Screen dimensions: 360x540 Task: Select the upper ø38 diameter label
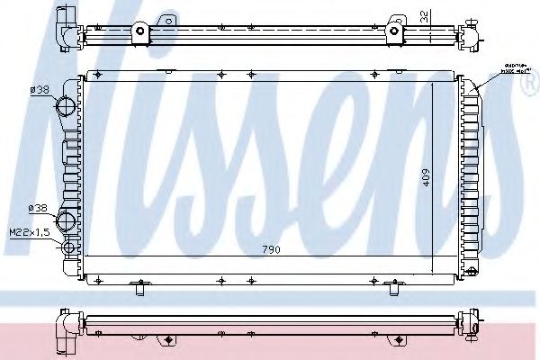[39, 89]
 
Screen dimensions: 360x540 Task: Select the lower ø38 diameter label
[39, 209]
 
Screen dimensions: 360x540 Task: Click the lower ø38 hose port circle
[66, 220]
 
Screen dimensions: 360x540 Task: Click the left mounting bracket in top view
[140, 31]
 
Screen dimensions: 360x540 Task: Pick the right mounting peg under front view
[392, 288]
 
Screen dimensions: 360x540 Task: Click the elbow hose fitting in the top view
[66, 30]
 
